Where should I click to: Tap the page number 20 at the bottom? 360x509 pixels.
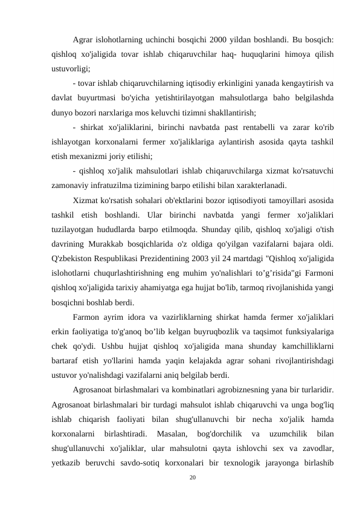[193, 478]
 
